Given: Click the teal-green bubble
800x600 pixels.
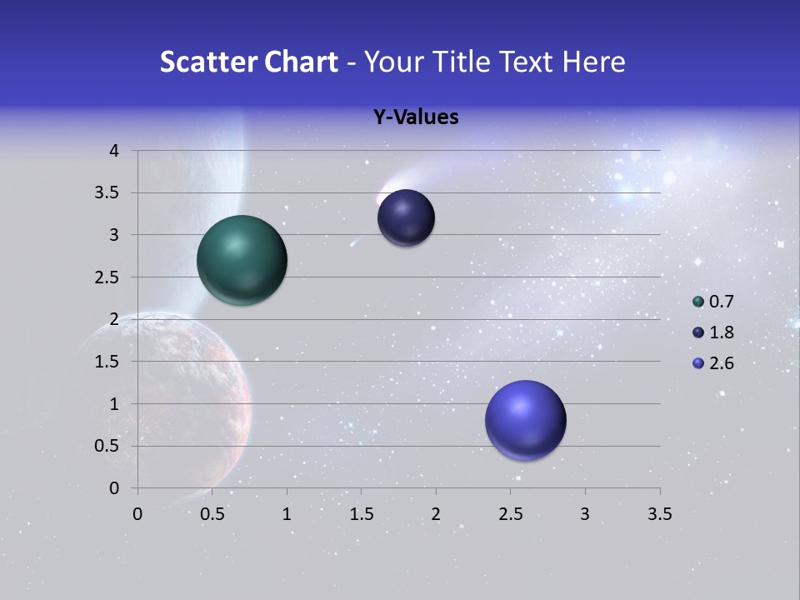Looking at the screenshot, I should pyautogui.click(x=242, y=260).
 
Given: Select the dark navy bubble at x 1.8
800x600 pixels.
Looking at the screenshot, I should pyautogui.click(x=406, y=218).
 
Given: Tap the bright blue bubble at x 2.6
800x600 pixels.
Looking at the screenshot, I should pyautogui.click(x=525, y=420).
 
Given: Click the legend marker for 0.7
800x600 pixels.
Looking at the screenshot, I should pyautogui.click(x=698, y=302).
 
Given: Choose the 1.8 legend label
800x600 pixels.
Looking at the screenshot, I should pyautogui.click(x=721, y=332).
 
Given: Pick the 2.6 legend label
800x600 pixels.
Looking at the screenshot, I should pyautogui.click(x=721, y=363).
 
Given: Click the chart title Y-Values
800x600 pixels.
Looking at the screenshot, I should pyautogui.click(x=416, y=117).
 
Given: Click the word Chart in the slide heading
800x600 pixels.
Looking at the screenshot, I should pyautogui.click(x=301, y=62).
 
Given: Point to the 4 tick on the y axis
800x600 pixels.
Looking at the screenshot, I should pyautogui.click(x=116, y=151).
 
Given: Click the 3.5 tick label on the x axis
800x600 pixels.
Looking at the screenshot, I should pyautogui.click(x=659, y=514).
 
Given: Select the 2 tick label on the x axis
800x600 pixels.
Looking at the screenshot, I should pyautogui.click(x=436, y=514).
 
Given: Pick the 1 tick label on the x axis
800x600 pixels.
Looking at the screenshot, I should pyautogui.click(x=287, y=514).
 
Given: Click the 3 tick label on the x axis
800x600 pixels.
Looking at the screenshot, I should pyautogui.click(x=585, y=514).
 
